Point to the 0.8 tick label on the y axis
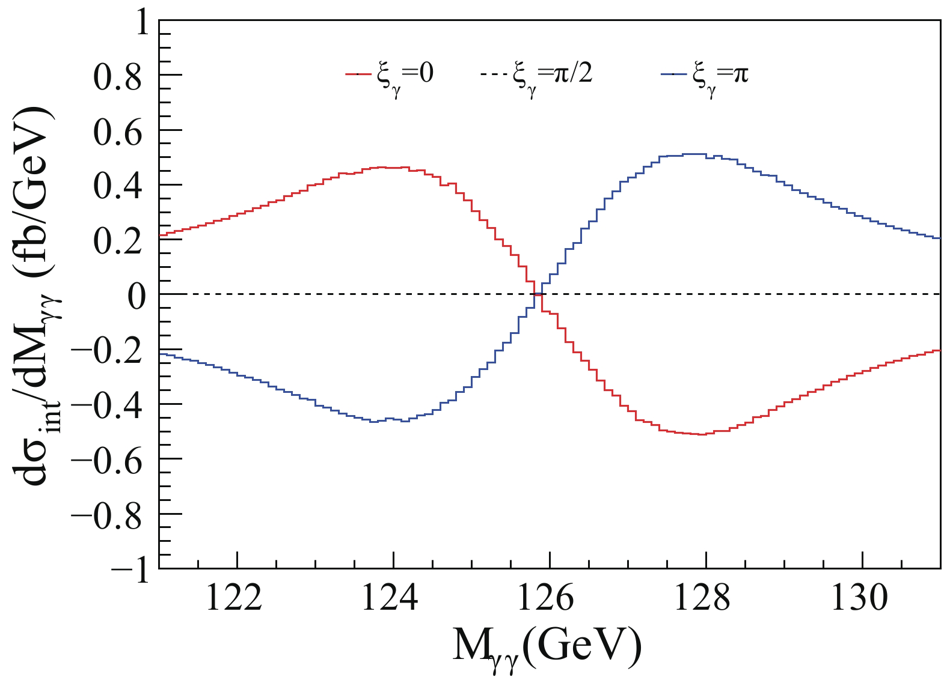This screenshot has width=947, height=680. point(118,76)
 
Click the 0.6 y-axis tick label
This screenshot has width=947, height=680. point(118,131)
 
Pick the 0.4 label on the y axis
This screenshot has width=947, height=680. point(118,186)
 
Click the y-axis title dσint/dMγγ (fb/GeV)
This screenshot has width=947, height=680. point(36,294)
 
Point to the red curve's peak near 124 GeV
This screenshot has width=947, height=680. point(394,167)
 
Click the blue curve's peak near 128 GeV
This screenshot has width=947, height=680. point(691,154)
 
